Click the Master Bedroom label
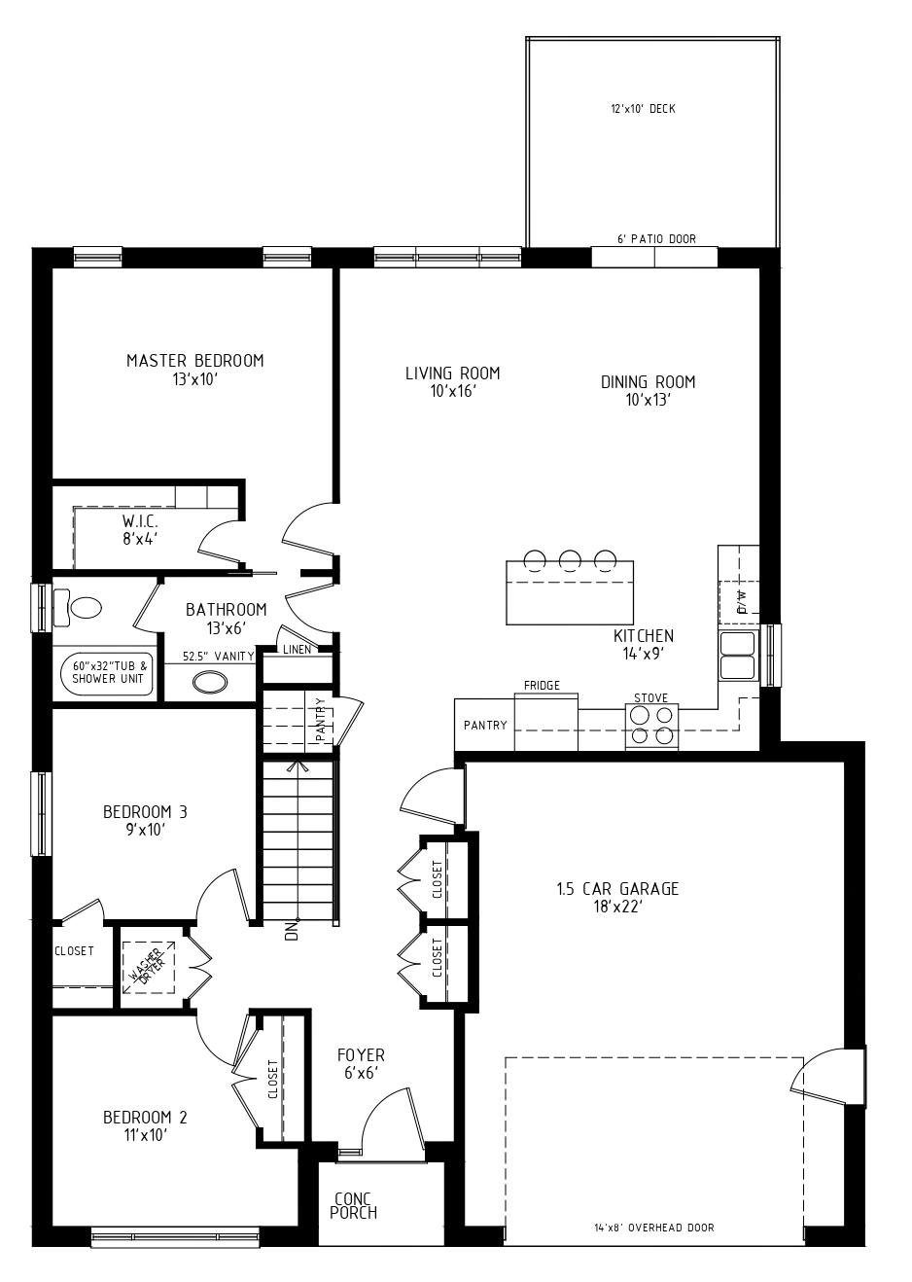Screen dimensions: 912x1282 (195, 361)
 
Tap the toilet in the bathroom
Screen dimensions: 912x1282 (78, 607)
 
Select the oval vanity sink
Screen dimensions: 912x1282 (210, 682)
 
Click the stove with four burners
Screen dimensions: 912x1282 (651, 726)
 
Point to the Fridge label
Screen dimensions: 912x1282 (542, 685)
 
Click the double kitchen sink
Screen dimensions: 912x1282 (738, 656)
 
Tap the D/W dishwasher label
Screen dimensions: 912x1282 (742, 602)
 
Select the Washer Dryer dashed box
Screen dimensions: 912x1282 (149, 967)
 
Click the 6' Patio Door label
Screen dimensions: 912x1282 (657, 238)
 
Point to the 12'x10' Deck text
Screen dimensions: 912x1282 (643, 109)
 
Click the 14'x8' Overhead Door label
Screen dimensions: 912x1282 (654, 1228)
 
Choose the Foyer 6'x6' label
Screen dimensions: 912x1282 (361, 1063)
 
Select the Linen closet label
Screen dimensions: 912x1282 (297, 650)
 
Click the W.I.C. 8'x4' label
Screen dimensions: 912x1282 (140, 530)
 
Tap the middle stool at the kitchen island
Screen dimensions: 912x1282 (570, 560)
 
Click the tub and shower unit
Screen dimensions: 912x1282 (107, 674)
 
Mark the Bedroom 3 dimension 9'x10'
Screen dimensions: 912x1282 (145, 830)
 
